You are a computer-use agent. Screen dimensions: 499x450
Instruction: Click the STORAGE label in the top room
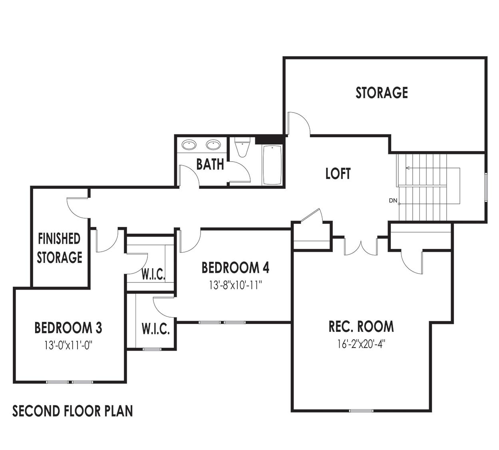382,93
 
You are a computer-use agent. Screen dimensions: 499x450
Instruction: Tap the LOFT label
338,174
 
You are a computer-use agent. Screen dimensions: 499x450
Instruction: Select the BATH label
210,164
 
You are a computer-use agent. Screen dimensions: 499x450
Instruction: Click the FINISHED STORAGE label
60,248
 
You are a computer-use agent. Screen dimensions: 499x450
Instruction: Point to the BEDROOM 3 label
68,328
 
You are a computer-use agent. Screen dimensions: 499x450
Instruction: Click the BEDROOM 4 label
235,268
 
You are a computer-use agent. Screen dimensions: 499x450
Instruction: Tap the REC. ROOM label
361,326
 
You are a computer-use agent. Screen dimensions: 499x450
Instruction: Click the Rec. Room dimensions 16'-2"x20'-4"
361,343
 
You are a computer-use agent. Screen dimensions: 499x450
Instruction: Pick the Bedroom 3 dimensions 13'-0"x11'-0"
68,345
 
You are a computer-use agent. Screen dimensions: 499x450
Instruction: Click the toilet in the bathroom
242,148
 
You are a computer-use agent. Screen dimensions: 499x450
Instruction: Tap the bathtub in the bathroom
272,165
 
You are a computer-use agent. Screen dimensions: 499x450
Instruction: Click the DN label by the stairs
393,201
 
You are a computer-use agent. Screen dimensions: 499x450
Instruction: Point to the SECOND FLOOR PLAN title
72,411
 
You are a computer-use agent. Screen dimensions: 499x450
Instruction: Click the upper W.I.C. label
153,274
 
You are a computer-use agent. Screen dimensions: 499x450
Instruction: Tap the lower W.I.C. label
156,330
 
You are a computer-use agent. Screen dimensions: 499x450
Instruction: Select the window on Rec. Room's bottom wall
362,411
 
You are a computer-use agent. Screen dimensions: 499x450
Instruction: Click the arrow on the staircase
408,168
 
